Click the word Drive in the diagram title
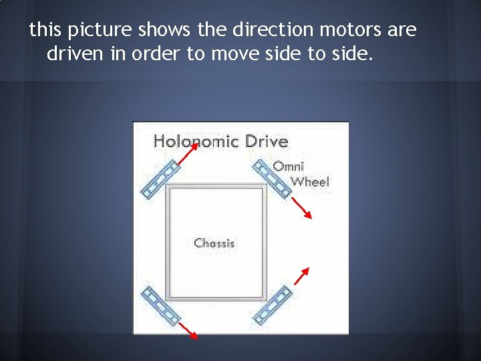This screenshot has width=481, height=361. [x=267, y=141]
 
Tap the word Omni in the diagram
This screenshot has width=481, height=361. [x=289, y=166]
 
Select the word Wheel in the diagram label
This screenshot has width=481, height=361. [x=311, y=181]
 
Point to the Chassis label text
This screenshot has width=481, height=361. [x=214, y=243]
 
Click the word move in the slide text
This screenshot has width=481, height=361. [x=233, y=54]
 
